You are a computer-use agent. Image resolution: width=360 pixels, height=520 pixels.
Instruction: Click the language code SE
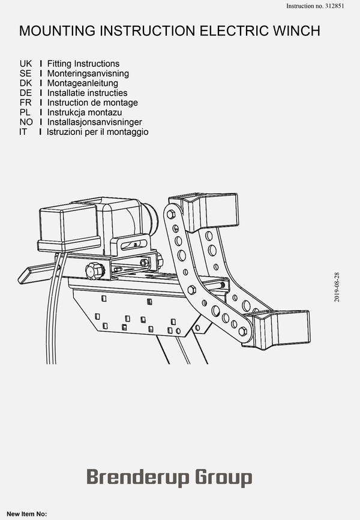click(x=26, y=73)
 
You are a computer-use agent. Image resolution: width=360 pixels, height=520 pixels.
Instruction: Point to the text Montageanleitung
click(x=83, y=83)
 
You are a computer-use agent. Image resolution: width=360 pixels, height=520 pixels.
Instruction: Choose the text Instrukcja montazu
click(x=85, y=112)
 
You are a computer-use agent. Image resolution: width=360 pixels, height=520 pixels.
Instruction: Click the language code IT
click(x=23, y=132)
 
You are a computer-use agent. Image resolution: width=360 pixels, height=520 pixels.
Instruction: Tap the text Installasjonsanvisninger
click(x=95, y=122)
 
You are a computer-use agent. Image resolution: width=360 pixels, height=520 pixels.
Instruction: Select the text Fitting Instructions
click(x=83, y=64)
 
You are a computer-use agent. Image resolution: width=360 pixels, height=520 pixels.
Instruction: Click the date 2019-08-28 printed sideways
click(x=337, y=287)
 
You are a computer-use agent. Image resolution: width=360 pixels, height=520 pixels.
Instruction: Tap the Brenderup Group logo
click(x=169, y=477)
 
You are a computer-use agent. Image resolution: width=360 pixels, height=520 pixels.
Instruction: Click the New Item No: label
click(x=27, y=514)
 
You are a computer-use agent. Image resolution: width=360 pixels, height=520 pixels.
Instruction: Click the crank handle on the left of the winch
click(x=37, y=273)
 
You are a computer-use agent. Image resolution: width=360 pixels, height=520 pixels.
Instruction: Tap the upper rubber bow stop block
click(x=205, y=211)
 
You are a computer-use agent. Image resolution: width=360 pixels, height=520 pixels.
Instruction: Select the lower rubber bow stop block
click(x=277, y=329)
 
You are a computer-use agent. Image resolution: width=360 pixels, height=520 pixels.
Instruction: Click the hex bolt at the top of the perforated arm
click(x=171, y=214)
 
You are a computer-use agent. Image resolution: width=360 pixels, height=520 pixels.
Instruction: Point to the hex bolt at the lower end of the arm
click(x=242, y=331)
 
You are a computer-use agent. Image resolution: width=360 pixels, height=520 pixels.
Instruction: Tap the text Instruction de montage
click(x=92, y=103)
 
